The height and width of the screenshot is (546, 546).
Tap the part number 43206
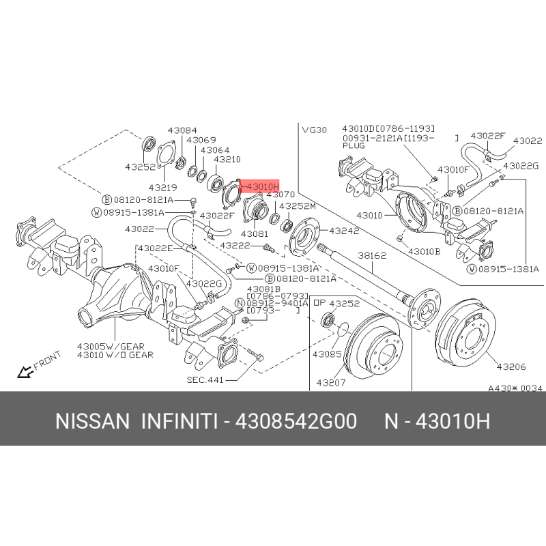[x=511, y=367]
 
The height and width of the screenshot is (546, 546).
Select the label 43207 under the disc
[x=331, y=383]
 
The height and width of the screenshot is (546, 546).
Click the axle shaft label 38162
[x=372, y=255]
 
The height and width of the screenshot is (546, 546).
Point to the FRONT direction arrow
[x=25, y=372]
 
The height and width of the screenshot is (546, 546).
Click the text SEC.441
[x=205, y=379]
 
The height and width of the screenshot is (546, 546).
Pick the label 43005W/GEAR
[x=111, y=347]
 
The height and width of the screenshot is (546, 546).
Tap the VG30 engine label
[x=314, y=130]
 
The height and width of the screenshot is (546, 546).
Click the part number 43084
[x=182, y=130]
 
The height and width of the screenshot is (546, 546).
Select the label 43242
[x=344, y=231]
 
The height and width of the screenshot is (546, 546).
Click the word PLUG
[x=354, y=146]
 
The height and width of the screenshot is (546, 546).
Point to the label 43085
[x=327, y=354]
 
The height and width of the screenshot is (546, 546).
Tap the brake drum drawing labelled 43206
[x=465, y=332]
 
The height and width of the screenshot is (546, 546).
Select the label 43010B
[x=424, y=251]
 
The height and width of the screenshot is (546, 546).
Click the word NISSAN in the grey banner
[x=92, y=421]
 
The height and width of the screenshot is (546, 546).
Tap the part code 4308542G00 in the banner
[x=296, y=421]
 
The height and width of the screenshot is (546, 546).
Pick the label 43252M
[x=298, y=206]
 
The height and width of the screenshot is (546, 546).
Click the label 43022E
[x=156, y=248]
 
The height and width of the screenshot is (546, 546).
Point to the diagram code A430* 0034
[x=515, y=388]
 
